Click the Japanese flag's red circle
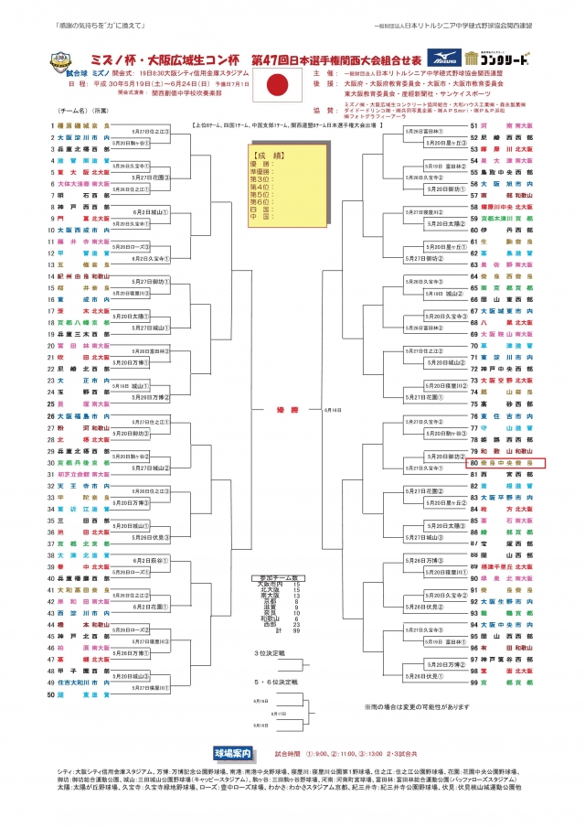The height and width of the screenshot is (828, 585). coord(277,88)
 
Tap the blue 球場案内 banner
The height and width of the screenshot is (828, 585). coord(233,753)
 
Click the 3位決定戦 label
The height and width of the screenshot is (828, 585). coord(270,653)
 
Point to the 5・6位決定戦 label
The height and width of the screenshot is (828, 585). coord(271,682)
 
